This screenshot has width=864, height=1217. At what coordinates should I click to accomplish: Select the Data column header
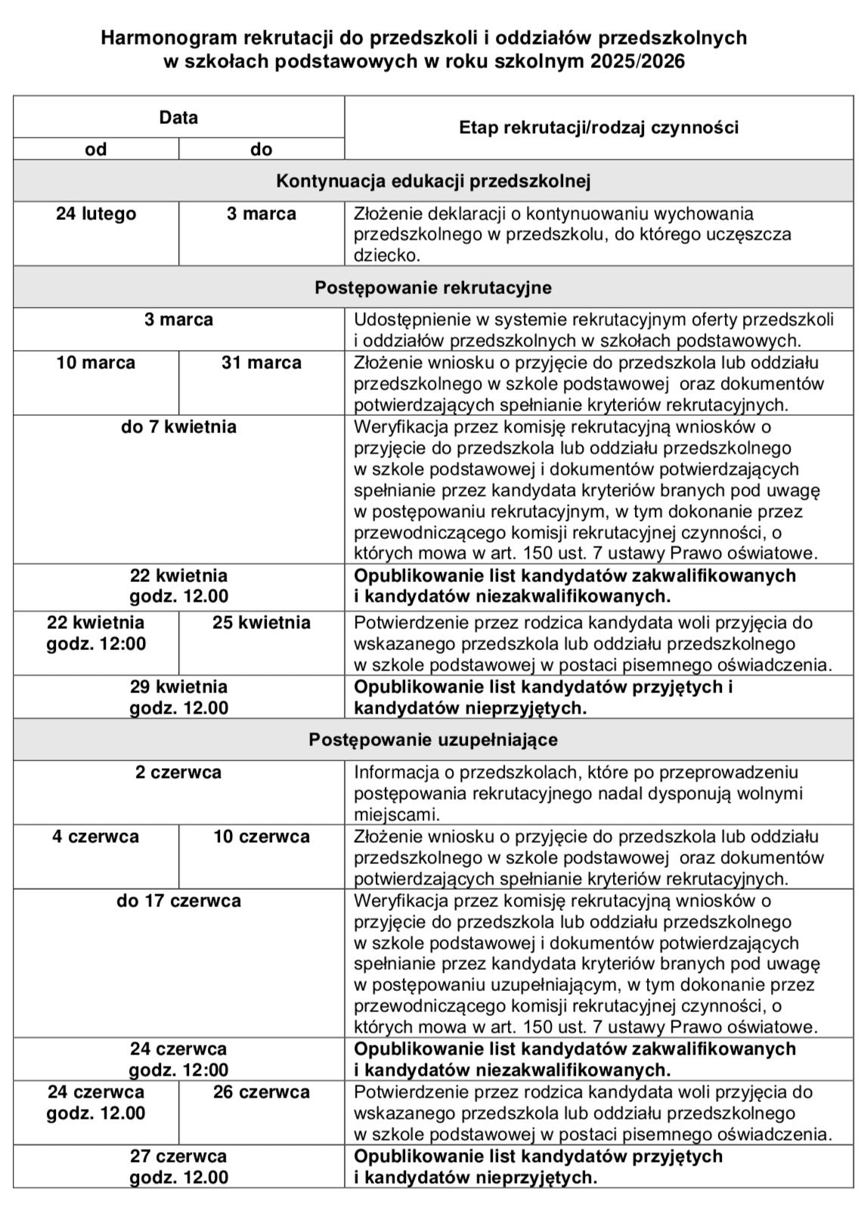click(178, 117)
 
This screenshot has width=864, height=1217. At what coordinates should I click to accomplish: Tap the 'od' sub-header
click(96, 149)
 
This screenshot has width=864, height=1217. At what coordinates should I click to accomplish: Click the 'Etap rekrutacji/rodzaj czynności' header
click(599, 127)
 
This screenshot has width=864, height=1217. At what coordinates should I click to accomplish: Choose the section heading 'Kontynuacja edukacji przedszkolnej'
click(433, 181)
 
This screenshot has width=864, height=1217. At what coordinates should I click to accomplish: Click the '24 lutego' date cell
click(96, 214)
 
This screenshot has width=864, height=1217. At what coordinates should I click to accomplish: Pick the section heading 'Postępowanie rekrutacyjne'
click(433, 287)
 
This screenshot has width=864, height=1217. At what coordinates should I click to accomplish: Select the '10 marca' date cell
click(96, 363)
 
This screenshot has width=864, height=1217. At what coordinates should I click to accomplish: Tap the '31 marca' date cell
click(262, 363)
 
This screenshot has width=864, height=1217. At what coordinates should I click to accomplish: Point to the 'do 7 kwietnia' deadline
click(178, 427)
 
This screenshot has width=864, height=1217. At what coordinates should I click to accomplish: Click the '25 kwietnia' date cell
click(262, 623)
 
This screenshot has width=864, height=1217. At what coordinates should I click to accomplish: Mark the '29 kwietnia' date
click(178, 687)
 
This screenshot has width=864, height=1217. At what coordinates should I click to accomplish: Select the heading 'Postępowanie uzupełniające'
click(433, 739)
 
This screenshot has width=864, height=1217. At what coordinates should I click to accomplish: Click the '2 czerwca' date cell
click(178, 773)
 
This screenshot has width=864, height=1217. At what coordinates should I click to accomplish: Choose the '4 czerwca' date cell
click(96, 837)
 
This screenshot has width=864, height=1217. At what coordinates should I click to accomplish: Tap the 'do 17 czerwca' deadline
click(178, 901)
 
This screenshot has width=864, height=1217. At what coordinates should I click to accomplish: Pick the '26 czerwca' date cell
click(262, 1092)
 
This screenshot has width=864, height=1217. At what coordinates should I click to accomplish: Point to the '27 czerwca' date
click(178, 1157)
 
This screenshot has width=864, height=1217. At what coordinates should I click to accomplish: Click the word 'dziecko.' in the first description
click(386, 255)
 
